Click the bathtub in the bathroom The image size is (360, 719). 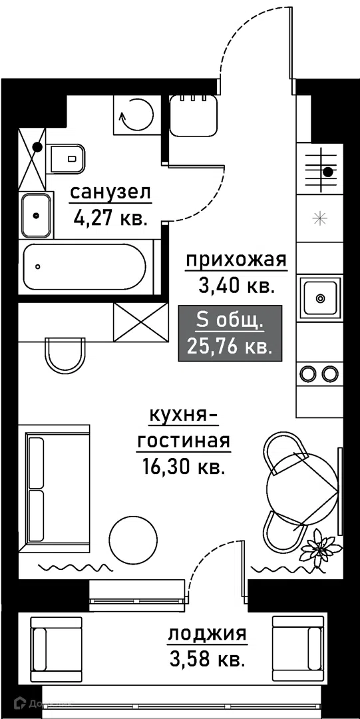click(x=85, y=266)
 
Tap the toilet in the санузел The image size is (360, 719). click(x=67, y=158)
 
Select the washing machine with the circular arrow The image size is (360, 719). click(x=136, y=115)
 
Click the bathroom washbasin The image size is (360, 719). click(x=36, y=215)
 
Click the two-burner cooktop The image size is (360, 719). click(x=319, y=373)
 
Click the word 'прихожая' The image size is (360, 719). click(x=236, y=260)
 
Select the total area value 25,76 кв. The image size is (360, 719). click(x=230, y=346)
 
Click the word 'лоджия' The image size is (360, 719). click(x=208, y=636)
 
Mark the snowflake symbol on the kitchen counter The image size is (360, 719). click(x=319, y=219)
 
